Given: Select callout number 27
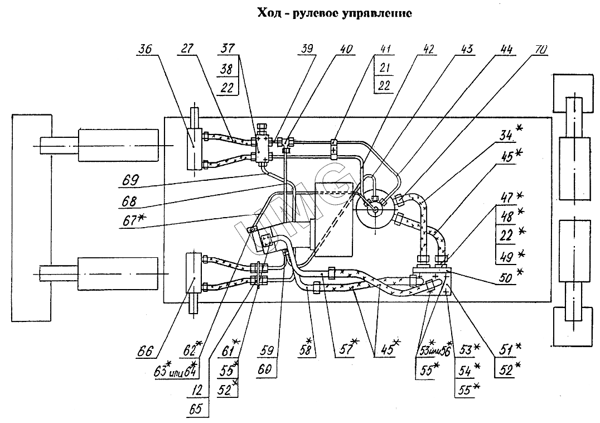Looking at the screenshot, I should coord(187,49).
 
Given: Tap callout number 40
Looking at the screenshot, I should coord(346,49).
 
